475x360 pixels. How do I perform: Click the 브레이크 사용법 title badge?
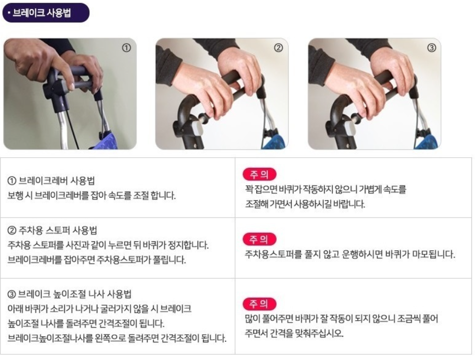coord(46,13)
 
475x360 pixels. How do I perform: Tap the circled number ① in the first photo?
coord(126,48)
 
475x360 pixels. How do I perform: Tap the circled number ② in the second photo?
coord(278,48)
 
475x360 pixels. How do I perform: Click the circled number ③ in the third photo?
coord(431,48)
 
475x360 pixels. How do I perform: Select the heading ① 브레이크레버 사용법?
coord(51,181)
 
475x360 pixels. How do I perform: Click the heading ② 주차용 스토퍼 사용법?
coord(52,230)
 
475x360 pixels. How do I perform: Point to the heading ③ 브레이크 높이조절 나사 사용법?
coord(70,294)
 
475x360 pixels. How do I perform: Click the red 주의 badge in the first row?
coord(259,174)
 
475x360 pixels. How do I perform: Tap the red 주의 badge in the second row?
coord(259,239)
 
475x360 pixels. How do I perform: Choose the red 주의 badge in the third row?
coord(259,304)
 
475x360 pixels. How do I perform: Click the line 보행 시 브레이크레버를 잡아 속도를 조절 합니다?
coord(91,195)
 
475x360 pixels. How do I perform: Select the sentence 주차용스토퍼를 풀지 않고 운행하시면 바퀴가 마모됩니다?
coord(350,254)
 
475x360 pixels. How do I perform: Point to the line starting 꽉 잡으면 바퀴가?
coord(325,189)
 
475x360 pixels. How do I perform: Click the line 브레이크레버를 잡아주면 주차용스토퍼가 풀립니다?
coord(96,260)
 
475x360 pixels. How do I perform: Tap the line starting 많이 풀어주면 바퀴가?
coord(342,318)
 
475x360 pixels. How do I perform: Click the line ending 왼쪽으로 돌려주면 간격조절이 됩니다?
coord(117,338)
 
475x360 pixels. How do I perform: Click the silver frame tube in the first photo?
coord(62,130)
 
